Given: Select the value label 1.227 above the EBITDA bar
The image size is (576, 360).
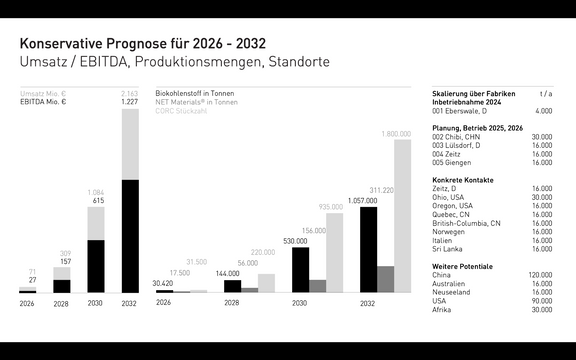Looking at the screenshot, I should point(130,101).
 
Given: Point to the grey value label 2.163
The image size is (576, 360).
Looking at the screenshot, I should point(130,93).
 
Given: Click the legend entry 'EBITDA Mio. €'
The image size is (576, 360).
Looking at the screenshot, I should point(42,101).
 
